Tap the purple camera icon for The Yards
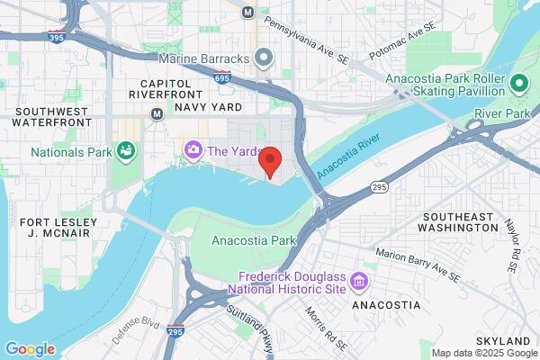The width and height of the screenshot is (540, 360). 192,149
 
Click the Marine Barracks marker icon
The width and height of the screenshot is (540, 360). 263,59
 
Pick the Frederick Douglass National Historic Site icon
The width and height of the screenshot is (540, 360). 359,282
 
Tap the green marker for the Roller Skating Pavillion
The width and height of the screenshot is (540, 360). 517,85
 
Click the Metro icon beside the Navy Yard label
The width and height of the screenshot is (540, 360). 157,114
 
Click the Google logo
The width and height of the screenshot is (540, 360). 30,349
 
